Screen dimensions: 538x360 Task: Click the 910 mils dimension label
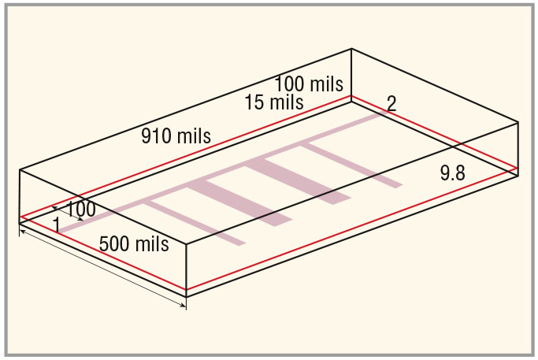pos(176,136)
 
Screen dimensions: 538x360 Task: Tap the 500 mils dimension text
pos(134,244)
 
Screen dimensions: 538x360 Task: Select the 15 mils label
pos(274,102)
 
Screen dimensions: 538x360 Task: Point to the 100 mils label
pos(309,84)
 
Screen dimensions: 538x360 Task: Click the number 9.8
pos(453,173)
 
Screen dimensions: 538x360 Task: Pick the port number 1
pos(57,225)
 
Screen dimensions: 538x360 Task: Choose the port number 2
pos(391,103)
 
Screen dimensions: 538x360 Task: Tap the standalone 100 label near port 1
pos(80,210)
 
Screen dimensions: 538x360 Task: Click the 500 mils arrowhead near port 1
pos(22,232)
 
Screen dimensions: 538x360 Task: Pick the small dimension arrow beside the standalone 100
pos(68,213)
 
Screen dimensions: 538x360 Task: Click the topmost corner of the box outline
pos(351,49)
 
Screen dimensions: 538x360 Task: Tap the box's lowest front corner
pos(187,296)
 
